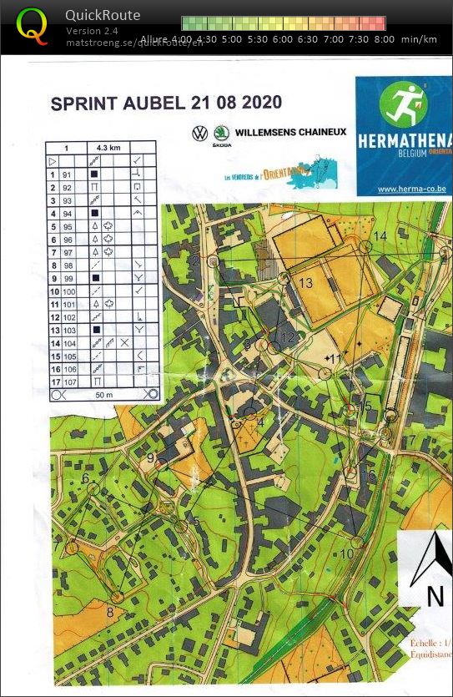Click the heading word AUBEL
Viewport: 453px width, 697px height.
pos(129,104)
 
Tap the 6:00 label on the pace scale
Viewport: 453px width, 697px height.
pos(282,39)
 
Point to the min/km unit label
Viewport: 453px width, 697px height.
pos(418,39)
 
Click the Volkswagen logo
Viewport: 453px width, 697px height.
pos(199,132)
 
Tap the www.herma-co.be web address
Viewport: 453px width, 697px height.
pos(411,189)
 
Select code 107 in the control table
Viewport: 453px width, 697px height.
pos(68,381)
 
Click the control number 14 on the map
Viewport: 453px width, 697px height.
pos(380,236)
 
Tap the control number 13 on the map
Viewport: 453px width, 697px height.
pos(306,284)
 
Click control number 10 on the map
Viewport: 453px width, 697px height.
pos(347,553)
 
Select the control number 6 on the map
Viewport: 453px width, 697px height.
pos(85,478)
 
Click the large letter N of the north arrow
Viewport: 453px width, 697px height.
pos(435,596)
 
